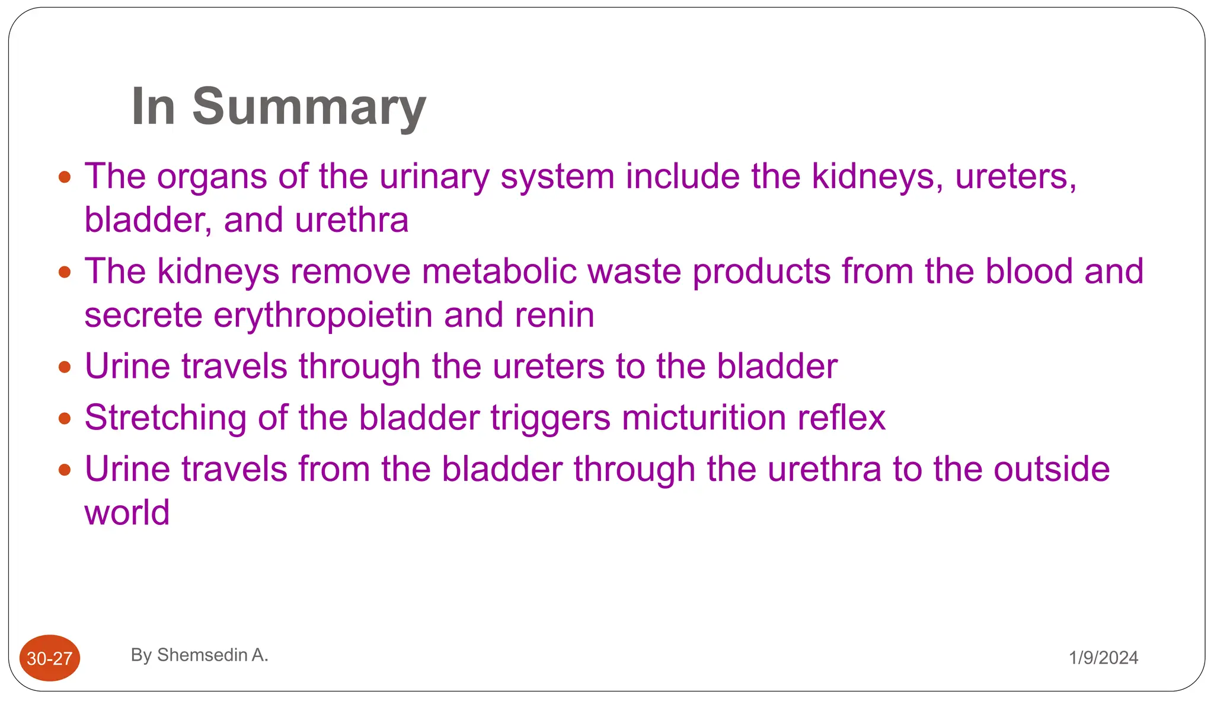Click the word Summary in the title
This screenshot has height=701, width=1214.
tap(309, 107)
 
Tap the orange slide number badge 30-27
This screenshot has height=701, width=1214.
tap(50, 658)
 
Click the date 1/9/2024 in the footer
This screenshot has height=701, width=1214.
tap(1103, 658)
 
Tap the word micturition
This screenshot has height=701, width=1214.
tap(704, 418)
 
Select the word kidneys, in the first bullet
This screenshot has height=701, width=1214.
tap(877, 177)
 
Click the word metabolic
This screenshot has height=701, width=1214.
tap(499, 272)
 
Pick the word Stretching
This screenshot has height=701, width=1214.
tap(165, 418)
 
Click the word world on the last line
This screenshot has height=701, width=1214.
tap(127, 512)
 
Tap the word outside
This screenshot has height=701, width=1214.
tap(1052, 469)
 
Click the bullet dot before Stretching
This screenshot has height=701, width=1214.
tap(65, 419)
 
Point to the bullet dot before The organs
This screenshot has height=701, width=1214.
tap(65, 177)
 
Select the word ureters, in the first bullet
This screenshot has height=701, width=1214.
tap(1016, 177)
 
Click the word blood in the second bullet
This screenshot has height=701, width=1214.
tap(1029, 272)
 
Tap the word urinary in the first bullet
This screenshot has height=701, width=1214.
tap(434, 177)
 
